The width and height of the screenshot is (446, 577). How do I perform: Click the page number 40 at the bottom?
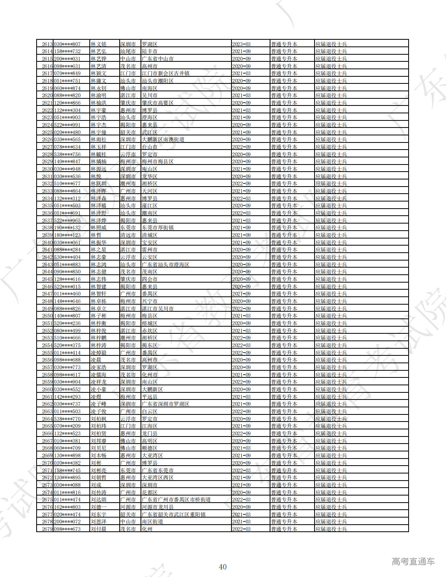tap(223, 567)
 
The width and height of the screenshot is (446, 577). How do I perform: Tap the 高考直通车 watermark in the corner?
tap(413, 562)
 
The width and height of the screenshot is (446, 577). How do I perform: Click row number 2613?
tap(47, 44)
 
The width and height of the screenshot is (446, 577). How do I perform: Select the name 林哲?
tap(96, 235)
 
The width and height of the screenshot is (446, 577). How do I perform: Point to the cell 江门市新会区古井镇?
tap(165, 73)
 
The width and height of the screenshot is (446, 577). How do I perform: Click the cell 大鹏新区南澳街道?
tap(163, 139)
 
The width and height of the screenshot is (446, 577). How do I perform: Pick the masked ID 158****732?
tap(67, 51)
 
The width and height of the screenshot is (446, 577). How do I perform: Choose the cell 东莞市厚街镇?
tap(157, 227)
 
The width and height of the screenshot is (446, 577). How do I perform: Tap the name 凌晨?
tap(96, 360)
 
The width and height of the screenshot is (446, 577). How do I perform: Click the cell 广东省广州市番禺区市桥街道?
tap(176, 499)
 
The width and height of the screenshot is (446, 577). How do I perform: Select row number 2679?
tap(47, 529)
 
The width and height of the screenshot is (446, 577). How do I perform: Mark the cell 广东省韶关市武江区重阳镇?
tap(173, 514)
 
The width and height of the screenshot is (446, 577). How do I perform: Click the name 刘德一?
tap(98, 507)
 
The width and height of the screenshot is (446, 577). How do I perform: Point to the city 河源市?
tap(128, 507)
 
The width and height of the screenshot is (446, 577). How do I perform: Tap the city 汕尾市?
tap(128, 51)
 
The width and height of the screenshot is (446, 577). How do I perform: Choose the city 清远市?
tap(128, 235)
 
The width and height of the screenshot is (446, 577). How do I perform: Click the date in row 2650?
tap(241, 316)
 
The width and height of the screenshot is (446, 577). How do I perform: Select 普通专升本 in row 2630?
tap(284, 169)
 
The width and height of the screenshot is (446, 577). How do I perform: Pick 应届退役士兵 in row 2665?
tap(331, 426)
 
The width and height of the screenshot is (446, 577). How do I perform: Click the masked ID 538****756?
tap(67, 154)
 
